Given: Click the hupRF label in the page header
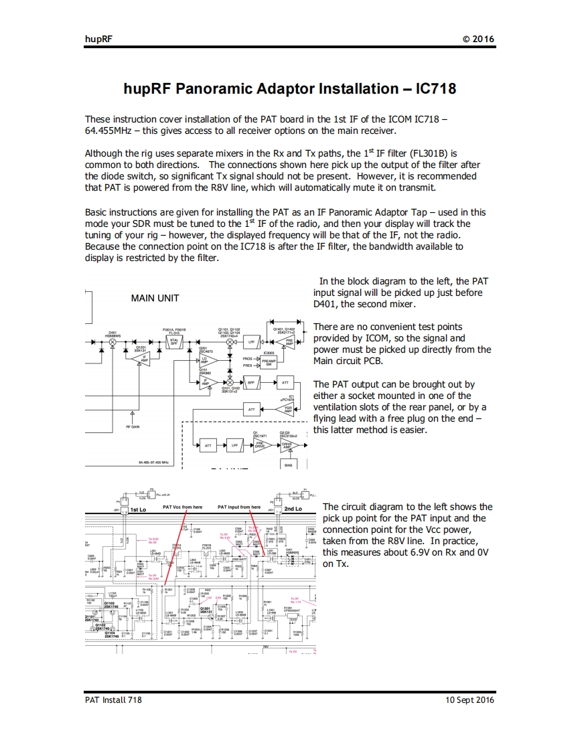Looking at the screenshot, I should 98,39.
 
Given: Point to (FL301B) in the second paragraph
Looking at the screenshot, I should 433,153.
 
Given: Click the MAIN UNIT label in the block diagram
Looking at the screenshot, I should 155,298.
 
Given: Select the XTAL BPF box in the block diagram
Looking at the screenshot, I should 173,342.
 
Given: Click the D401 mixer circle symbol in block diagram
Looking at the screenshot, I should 113,342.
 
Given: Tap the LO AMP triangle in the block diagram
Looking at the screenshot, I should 205,361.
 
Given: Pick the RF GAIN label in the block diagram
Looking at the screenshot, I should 133,426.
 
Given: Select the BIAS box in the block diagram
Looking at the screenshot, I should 288,464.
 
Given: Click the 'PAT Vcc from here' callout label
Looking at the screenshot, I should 182,507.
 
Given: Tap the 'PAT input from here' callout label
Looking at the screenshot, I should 239,507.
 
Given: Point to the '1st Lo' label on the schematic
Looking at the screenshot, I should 138,509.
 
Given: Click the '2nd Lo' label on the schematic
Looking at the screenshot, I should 293,509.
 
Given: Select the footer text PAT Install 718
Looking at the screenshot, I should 113,699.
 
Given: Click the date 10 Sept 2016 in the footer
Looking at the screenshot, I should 469,699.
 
